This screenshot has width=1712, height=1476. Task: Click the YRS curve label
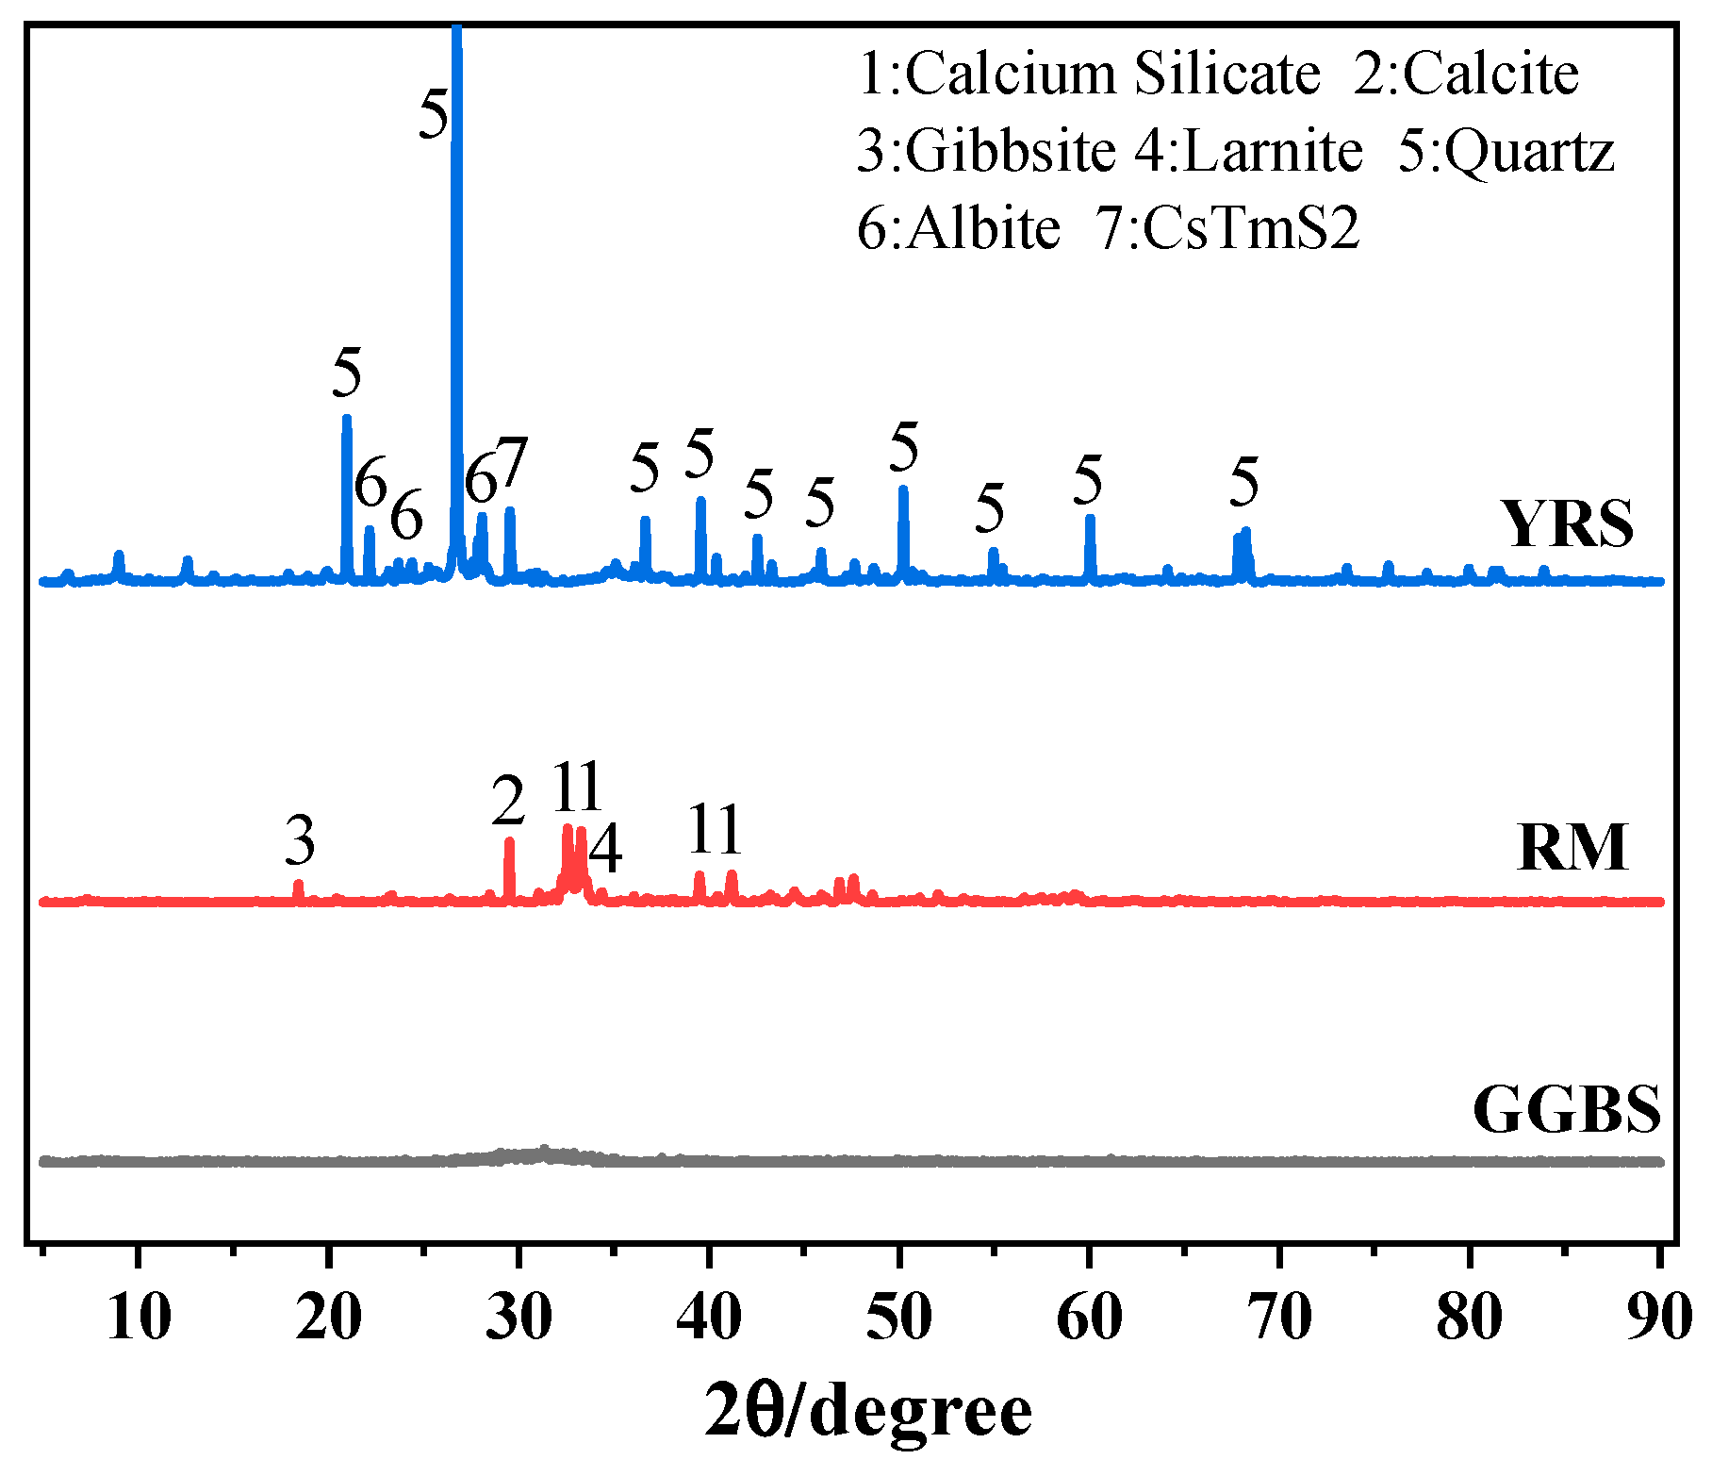click(x=1567, y=523)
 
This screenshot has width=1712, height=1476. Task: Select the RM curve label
click(x=1572, y=847)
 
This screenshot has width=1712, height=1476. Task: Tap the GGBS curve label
click(x=1566, y=1109)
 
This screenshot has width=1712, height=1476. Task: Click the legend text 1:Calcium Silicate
click(x=1089, y=74)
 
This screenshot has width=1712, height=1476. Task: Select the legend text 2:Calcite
click(x=1466, y=74)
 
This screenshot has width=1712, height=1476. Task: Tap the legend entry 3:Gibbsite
click(x=985, y=151)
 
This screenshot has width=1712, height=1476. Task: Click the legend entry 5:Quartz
click(x=1506, y=151)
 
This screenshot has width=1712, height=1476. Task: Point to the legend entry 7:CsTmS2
click(x=1227, y=228)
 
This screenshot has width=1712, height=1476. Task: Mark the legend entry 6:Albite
click(x=959, y=228)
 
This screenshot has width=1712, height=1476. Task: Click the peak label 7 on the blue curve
click(x=512, y=463)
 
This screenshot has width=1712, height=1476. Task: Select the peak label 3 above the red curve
click(x=300, y=840)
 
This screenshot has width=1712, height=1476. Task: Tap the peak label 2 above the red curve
click(x=509, y=802)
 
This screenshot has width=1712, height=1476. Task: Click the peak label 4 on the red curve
click(x=605, y=849)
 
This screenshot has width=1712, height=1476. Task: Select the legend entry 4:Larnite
click(x=1248, y=151)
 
